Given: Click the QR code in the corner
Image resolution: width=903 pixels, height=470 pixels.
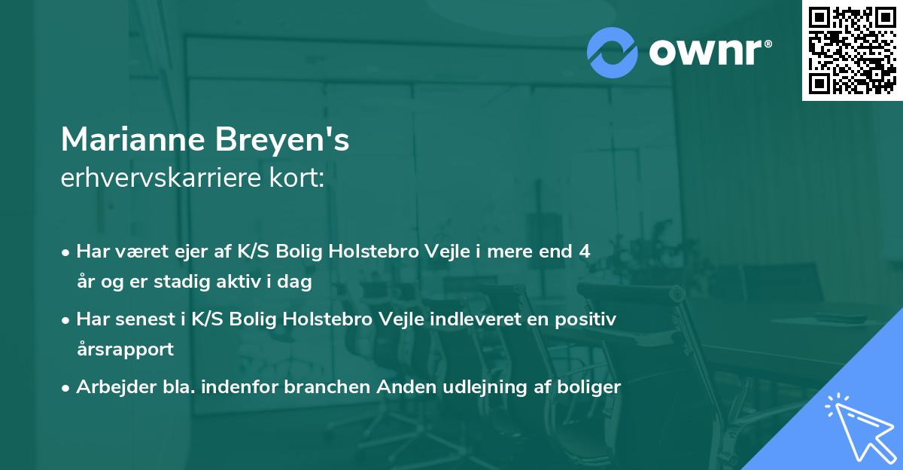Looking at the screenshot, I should click(852, 50).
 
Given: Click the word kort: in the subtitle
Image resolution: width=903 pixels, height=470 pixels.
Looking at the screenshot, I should click(302, 179).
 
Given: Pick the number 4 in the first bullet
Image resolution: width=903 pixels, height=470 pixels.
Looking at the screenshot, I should click(584, 252).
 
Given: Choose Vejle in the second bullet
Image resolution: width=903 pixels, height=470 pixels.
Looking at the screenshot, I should click(399, 319).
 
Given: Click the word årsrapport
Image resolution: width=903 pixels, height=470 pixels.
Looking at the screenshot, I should click(125, 349).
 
